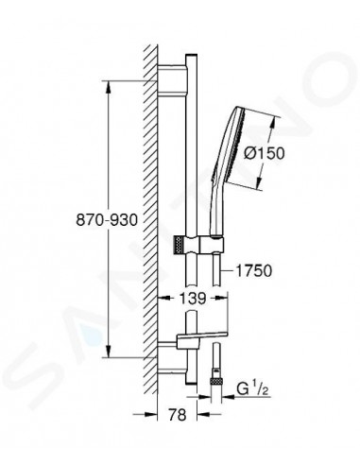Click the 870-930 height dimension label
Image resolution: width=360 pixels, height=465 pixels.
pyautogui.click(x=58, y=218)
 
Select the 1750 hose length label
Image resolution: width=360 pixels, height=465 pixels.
pyautogui.click(x=253, y=270)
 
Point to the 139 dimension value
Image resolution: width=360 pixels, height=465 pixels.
pyautogui.click(x=193, y=298)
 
